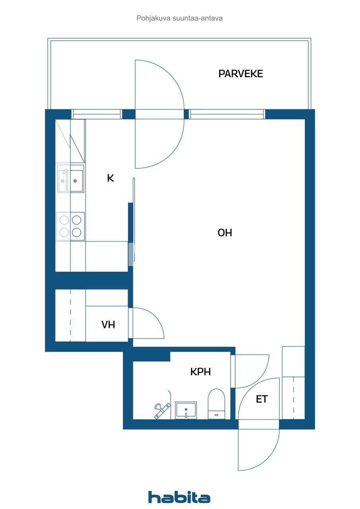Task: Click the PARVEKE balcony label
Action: coord(241,74)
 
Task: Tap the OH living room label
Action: coord(225,233)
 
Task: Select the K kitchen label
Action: coord(111,178)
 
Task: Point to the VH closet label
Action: coord(108,324)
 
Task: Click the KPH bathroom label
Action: coord(200,372)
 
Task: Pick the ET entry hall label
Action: coord(261,399)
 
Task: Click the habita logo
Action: coord(179,497)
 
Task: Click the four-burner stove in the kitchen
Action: coord(70,226)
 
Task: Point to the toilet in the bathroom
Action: coord(216,404)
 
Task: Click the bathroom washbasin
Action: coord(186,410)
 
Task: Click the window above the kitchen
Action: coord(96,114)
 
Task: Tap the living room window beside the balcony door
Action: coord(227,114)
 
